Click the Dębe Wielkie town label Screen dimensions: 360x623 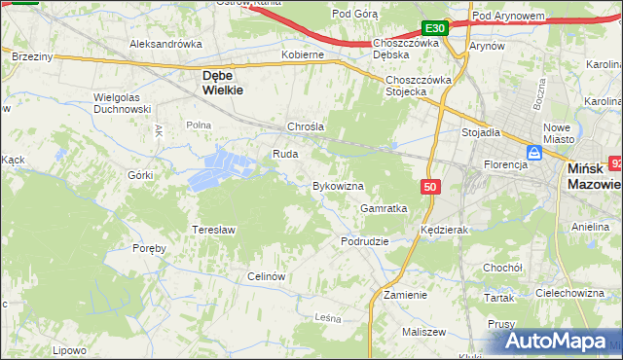coord(222,81)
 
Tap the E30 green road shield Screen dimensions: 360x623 coord(435,29)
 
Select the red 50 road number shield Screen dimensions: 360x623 coord(430,186)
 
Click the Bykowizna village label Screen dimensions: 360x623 coord(337,185)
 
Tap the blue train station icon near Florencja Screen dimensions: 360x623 coord(534,153)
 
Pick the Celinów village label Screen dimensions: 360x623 coord(266,276)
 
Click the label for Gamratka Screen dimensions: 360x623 coord(383,208)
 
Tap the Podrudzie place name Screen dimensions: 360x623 coord(365,240)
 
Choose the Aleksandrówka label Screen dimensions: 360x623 coord(165,44)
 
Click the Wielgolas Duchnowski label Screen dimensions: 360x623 coord(122,103)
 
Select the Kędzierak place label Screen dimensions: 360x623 coord(445,230)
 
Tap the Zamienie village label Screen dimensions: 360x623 coord(405,294)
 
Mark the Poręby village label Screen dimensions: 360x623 coord(150,248)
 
